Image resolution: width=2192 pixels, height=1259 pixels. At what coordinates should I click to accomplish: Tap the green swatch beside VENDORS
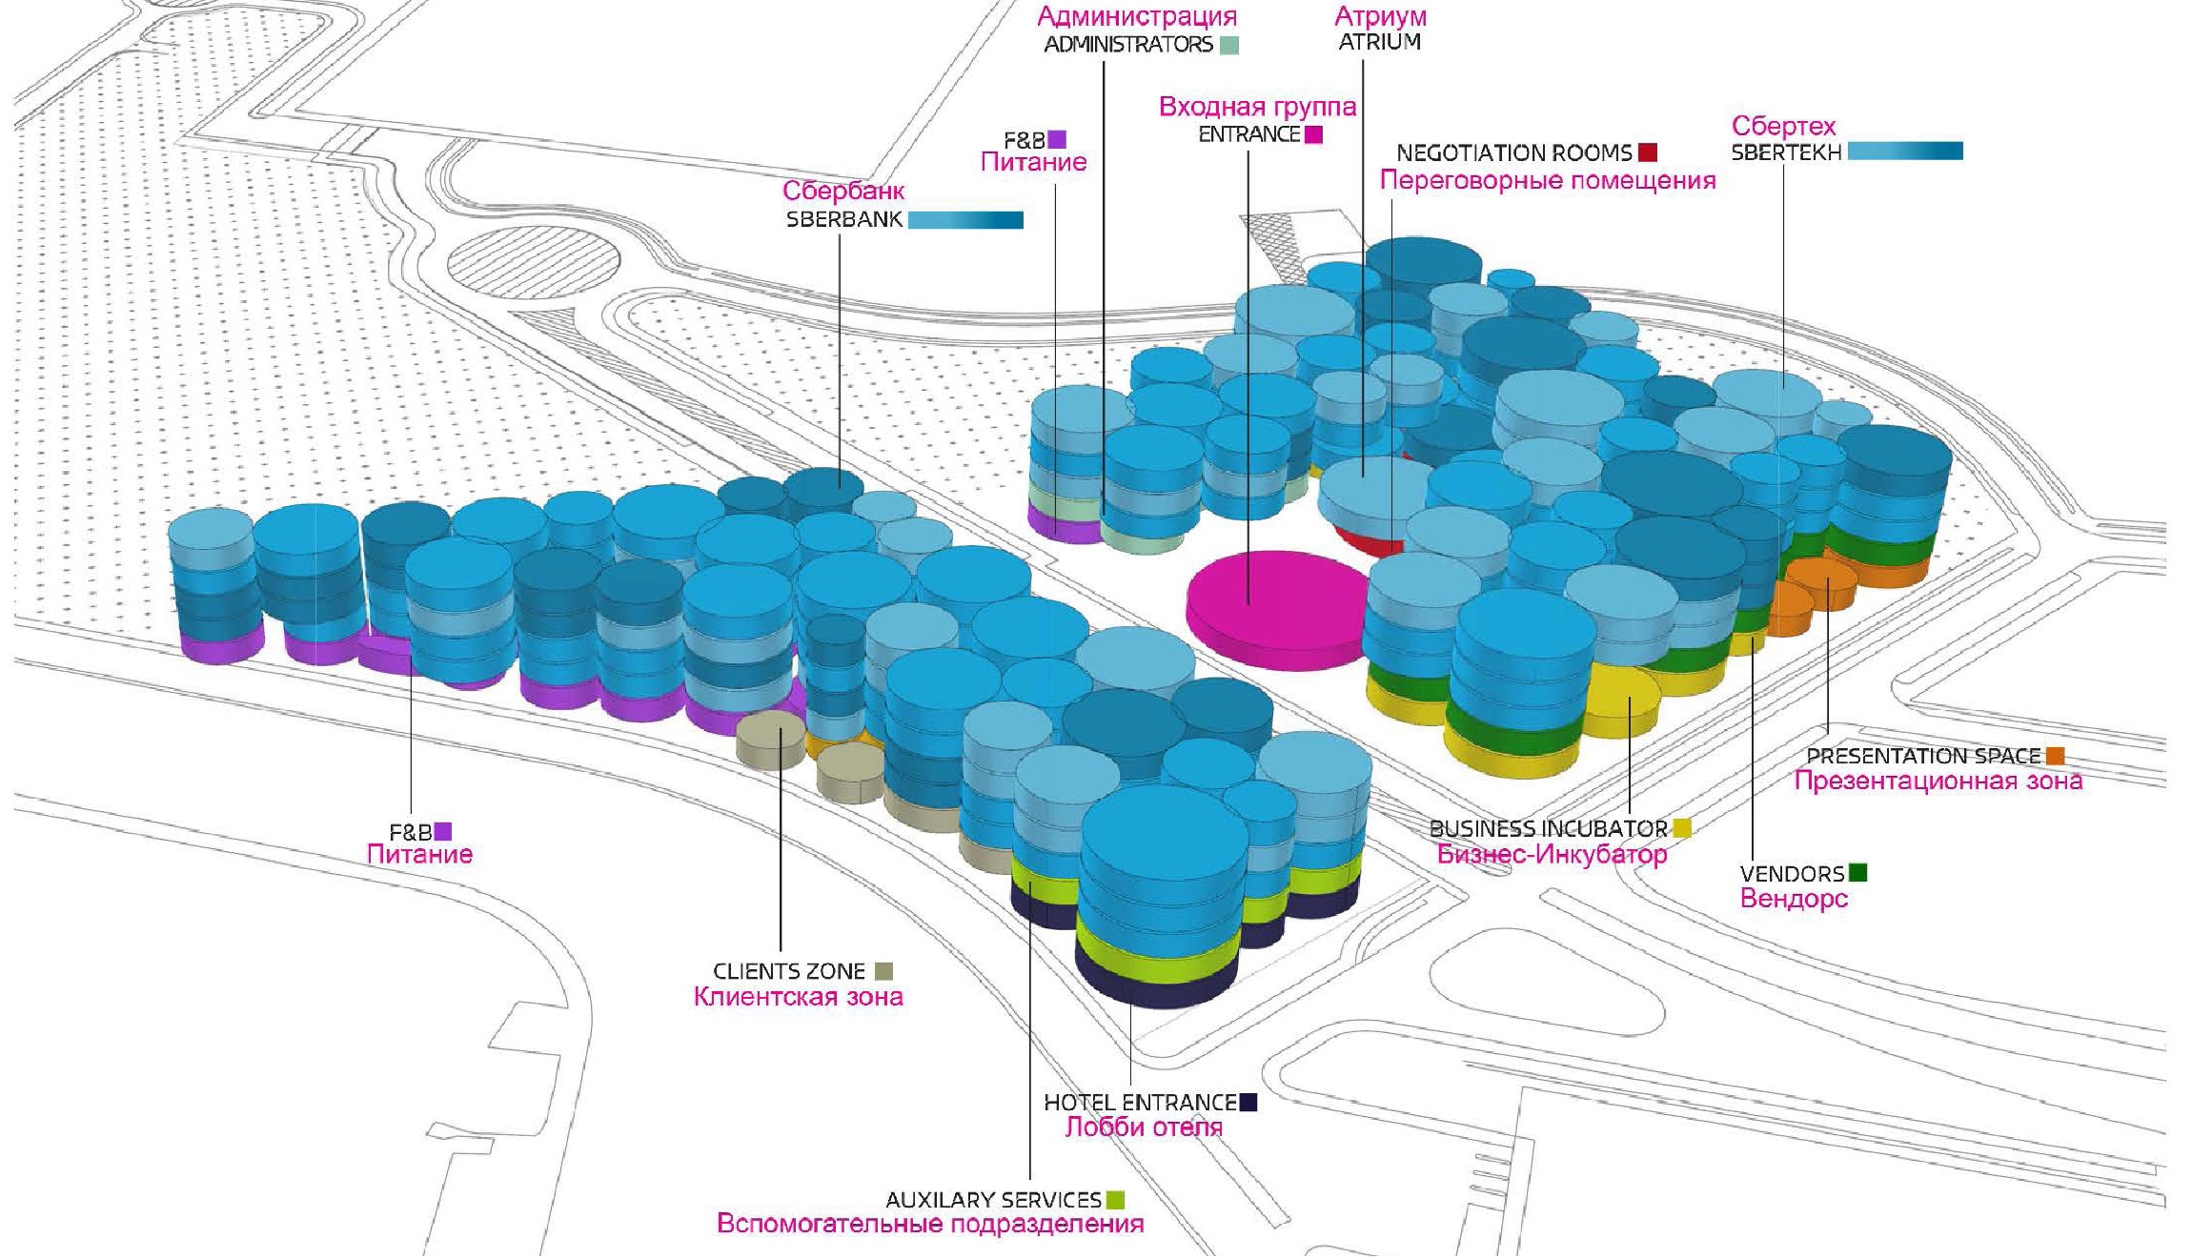(1857, 872)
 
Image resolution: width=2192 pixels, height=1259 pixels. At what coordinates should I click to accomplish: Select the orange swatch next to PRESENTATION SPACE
(2055, 756)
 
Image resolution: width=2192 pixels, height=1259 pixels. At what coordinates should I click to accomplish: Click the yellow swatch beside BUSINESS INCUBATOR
(1681, 828)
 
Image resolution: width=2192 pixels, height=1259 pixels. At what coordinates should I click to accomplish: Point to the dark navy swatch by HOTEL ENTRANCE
(1248, 1103)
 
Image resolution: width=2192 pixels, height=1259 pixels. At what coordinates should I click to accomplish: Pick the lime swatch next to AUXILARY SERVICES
(1115, 1200)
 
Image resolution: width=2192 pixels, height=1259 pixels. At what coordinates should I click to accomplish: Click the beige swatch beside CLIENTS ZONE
(883, 971)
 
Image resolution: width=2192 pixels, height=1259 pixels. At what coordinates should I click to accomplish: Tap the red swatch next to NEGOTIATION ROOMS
(1648, 152)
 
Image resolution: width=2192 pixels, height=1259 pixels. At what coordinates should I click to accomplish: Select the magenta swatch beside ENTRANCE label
(1313, 134)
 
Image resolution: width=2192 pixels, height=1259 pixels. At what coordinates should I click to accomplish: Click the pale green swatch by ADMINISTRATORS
(1229, 45)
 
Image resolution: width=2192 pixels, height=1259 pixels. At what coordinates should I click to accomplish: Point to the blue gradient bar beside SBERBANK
(965, 220)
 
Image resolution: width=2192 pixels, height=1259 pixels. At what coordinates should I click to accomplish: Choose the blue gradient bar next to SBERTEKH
(1904, 151)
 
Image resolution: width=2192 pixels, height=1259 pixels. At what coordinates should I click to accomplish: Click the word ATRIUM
(1379, 42)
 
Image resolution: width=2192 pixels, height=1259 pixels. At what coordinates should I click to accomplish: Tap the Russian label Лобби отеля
(1144, 1127)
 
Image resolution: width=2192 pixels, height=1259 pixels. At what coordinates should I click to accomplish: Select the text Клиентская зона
(798, 997)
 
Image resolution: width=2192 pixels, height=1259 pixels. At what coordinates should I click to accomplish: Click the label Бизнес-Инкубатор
(1552, 854)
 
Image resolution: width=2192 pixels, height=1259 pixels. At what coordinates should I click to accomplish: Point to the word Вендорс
(1794, 899)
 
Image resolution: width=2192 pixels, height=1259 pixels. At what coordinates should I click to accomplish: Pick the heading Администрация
(1137, 16)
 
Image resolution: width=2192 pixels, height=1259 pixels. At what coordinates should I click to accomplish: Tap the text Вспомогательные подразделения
(930, 1224)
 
